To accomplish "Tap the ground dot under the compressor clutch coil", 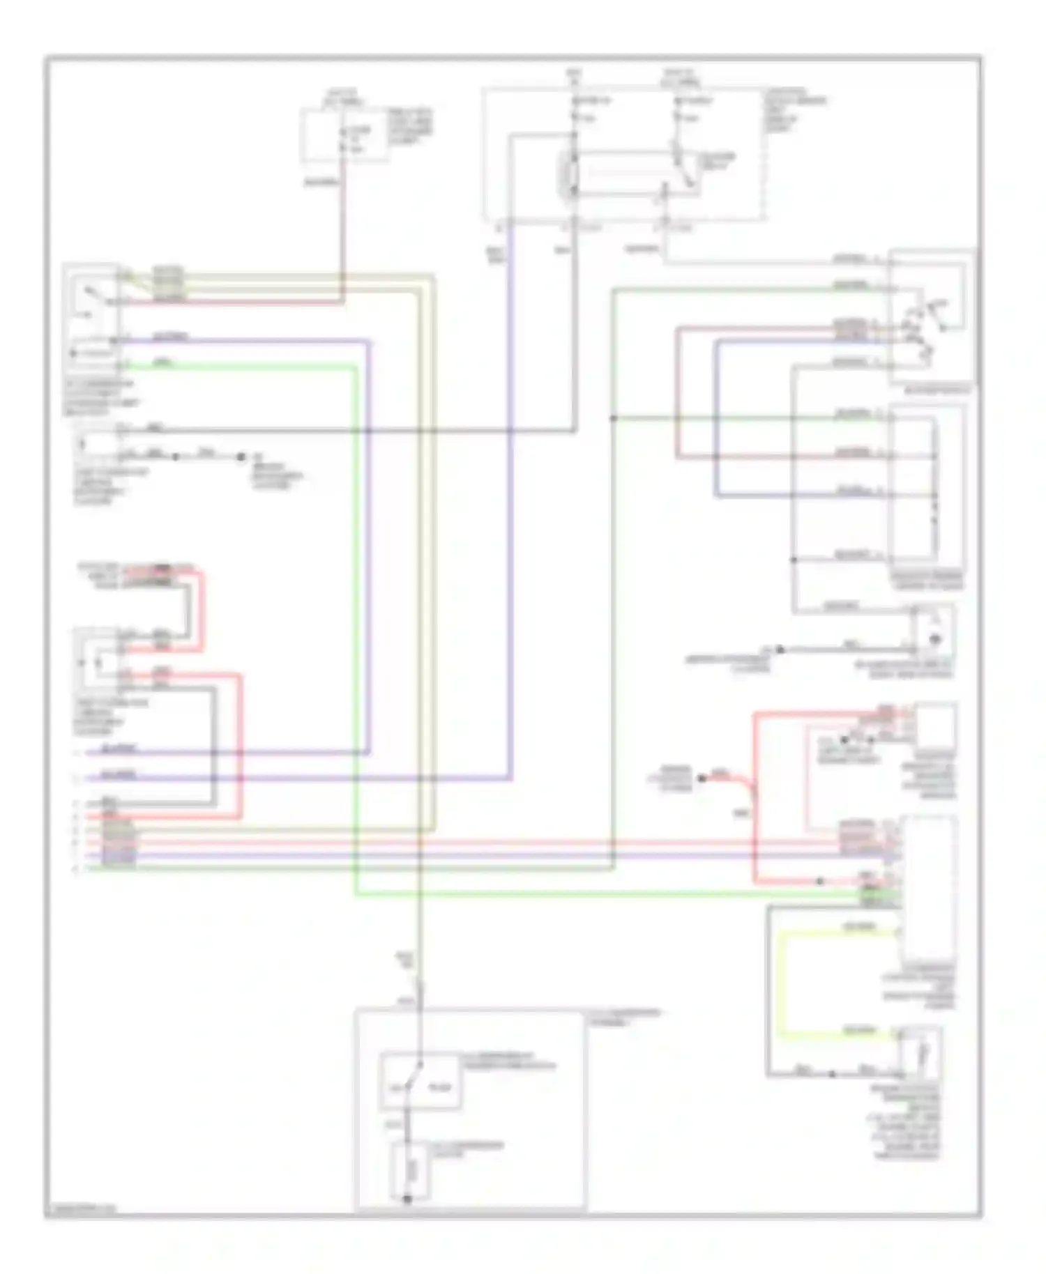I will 407,1198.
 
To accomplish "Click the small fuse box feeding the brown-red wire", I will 344,135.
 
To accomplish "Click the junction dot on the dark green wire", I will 614,418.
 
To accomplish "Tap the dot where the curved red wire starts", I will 702,778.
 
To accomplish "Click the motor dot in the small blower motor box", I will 935,638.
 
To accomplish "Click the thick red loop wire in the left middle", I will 241,746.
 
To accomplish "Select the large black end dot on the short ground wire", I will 241,457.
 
